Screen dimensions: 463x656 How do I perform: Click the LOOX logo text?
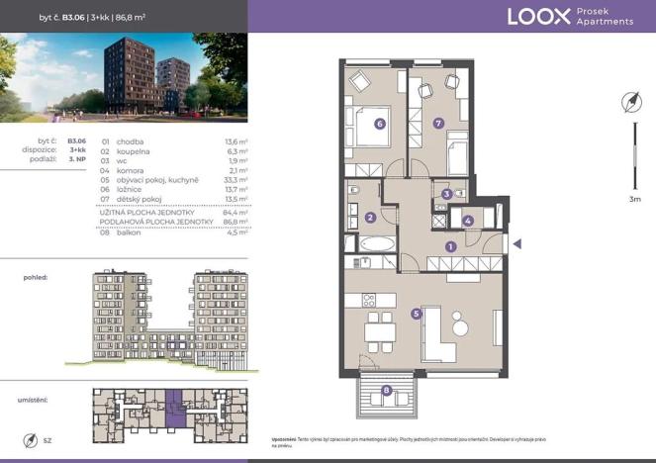[538, 16]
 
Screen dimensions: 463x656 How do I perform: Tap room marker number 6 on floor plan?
[380, 124]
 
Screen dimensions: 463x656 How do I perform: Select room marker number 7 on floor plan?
[438, 124]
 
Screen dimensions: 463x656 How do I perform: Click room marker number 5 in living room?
[418, 314]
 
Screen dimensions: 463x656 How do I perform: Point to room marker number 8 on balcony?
[386, 391]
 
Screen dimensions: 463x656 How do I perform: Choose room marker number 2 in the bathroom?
[369, 218]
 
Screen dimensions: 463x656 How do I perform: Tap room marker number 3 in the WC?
[447, 195]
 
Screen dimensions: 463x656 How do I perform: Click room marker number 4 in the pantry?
[467, 222]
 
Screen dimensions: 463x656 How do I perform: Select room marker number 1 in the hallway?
[450, 246]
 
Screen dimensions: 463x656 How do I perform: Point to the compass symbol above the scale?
[630, 101]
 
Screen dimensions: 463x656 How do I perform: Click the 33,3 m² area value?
[234, 179]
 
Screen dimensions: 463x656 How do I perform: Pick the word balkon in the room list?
[130, 232]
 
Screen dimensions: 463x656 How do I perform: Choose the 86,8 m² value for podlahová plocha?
[234, 221]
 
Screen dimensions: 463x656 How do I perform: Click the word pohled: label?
[36, 279]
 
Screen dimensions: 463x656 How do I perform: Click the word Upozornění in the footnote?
[285, 437]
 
